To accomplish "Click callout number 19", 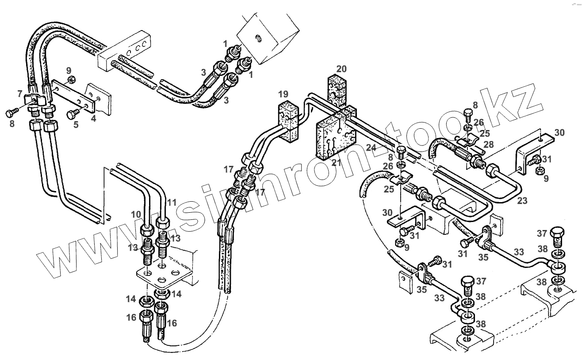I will pos(283,94).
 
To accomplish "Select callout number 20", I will pos(341,69).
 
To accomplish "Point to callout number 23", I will pos(522,200).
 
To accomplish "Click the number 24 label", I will pos(370,146).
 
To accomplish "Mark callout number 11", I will pos(172,203).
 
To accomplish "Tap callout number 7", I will pos(19,93).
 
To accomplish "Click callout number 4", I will pos(93,118).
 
